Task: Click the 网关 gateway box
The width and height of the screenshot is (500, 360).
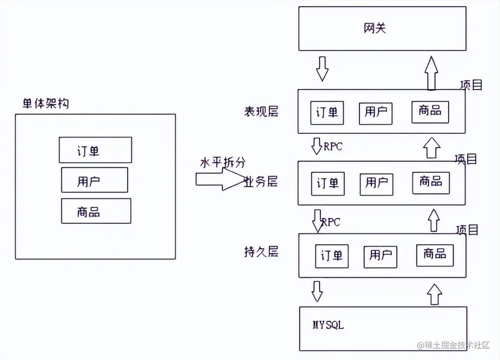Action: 382,28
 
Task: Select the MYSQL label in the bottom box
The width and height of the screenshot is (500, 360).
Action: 328,325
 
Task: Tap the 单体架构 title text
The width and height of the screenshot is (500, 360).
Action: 46,103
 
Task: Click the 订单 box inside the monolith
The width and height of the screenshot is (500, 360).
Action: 95,150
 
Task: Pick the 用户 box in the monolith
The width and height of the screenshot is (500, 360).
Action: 95,180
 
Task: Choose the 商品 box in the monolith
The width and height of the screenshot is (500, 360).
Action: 96,211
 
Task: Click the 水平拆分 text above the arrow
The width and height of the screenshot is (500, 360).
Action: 223,163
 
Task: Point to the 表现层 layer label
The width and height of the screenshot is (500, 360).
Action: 261,112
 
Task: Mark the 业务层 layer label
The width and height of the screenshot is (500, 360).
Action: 261,182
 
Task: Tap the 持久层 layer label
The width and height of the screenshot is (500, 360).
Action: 261,252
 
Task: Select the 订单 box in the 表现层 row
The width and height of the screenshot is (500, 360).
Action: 327,112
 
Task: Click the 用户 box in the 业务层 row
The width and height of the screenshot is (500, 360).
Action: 376,183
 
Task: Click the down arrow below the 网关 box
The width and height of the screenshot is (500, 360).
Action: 322,69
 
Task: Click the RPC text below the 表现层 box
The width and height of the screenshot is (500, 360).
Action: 333,146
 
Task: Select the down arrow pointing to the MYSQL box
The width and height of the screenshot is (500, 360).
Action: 317,291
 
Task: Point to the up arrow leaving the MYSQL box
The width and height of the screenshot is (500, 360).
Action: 435,294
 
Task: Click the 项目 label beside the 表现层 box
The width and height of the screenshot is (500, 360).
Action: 471,85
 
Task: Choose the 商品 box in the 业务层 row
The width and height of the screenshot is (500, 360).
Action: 431,182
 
